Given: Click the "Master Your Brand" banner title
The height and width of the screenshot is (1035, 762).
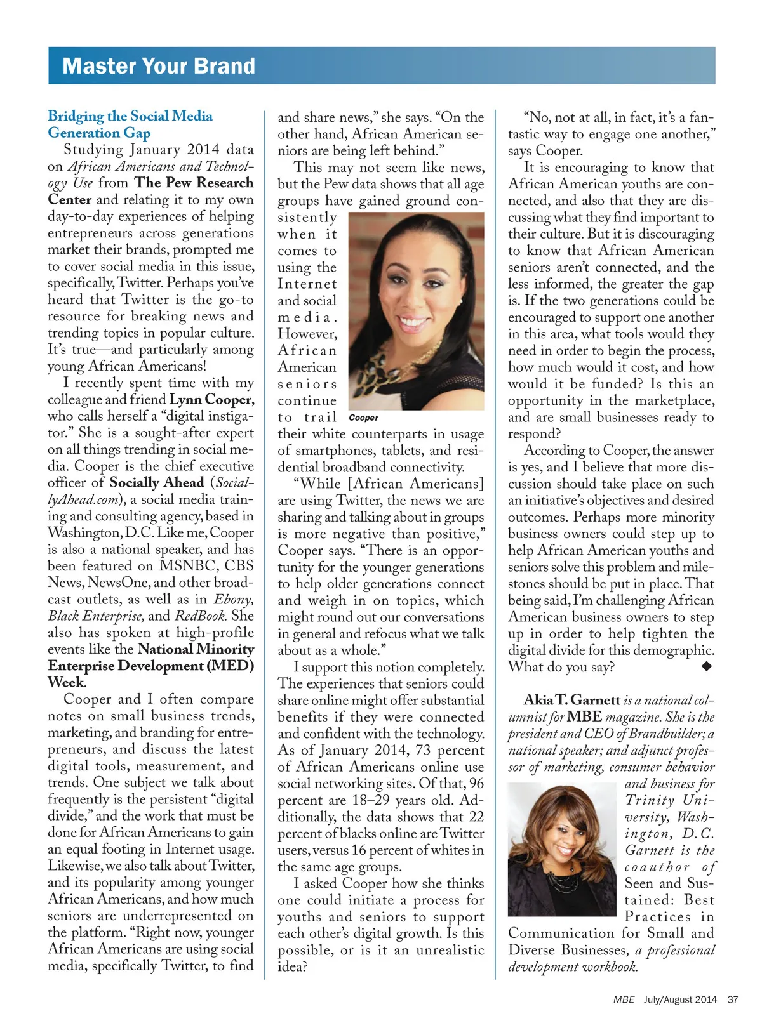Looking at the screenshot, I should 159,66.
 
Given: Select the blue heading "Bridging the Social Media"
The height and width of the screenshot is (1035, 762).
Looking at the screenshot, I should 130,116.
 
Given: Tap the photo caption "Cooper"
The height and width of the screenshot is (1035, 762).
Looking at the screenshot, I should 363,418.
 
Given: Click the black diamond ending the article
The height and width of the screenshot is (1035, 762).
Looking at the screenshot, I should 707,666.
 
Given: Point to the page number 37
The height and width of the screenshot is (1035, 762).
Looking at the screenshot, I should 733,999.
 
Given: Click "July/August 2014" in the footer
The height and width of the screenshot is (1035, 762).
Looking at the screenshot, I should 680,999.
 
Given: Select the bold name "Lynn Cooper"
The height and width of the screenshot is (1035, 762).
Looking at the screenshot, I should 211,400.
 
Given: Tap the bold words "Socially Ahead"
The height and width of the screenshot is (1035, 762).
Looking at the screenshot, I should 157,483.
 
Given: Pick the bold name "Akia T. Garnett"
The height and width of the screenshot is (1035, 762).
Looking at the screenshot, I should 571,700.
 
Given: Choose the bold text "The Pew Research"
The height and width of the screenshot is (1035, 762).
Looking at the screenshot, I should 194,183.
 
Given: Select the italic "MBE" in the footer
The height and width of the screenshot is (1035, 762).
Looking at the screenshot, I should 624,999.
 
